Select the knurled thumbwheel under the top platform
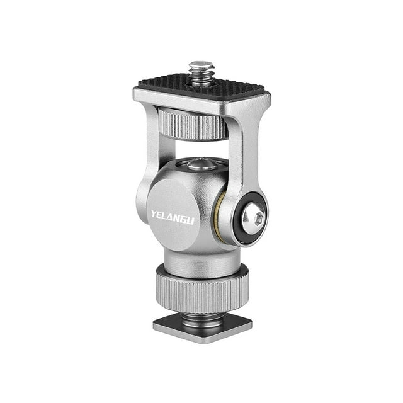[193, 124]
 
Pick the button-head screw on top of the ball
[202, 164]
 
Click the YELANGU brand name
[172, 217]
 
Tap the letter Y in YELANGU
[154, 213]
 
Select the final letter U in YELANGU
[190, 221]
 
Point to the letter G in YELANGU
[183, 220]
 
